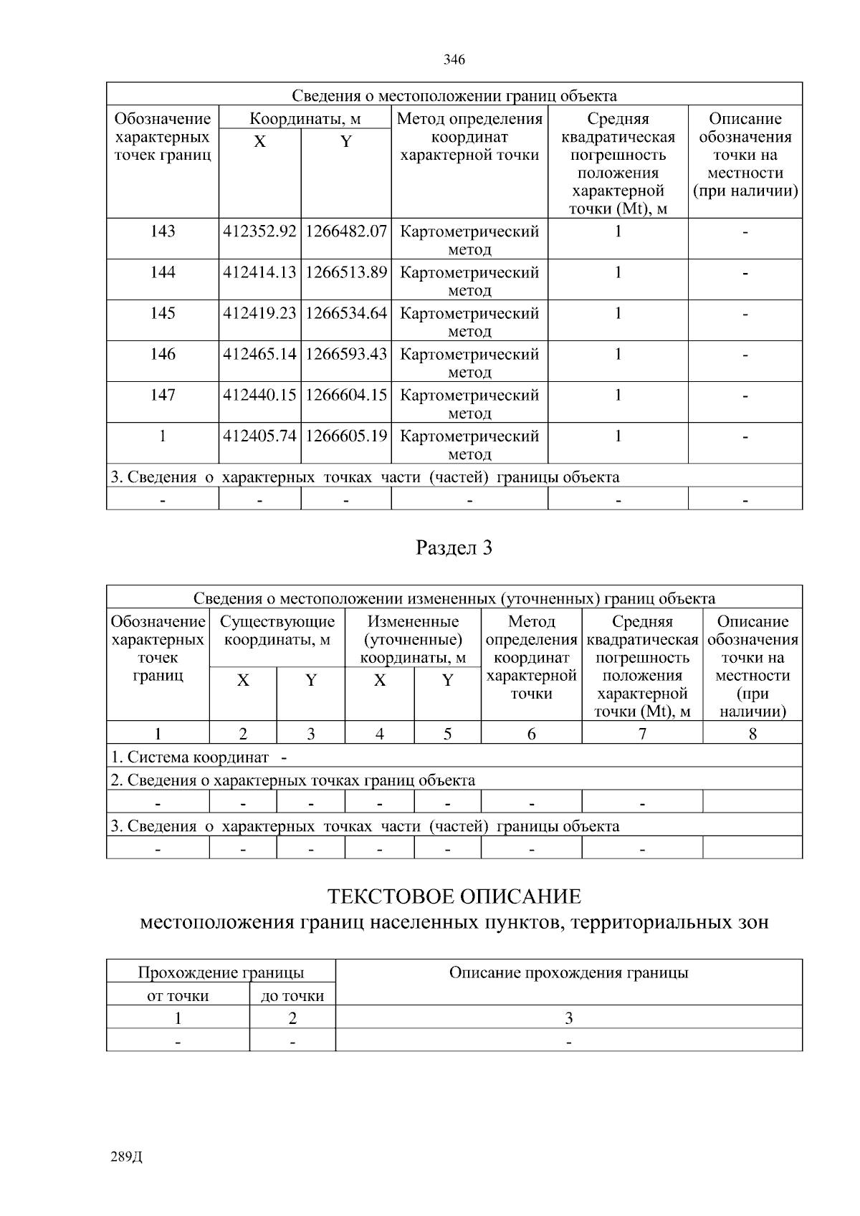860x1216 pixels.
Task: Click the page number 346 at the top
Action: pos(454,59)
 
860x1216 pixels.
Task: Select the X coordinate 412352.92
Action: pos(259,231)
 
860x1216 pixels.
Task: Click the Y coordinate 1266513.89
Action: pos(346,272)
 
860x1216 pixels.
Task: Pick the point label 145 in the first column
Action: pos(163,313)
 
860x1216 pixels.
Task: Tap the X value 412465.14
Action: pos(259,354)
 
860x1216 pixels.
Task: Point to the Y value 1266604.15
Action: pos(346,395)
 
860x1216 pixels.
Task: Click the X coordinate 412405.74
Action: pos(259,436)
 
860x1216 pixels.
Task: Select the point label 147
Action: pos(163,395)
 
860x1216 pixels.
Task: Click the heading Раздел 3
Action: pos(454,548)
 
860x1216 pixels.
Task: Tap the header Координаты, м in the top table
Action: pos(305,119)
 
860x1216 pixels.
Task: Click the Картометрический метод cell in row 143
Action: pos(469,240)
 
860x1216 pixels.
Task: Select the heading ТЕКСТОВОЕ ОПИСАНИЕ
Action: pos(454,896)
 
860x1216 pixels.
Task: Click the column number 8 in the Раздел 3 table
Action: pos(752,734)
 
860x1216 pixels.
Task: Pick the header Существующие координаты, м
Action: pos(277,631)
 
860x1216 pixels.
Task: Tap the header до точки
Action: pos(292,995)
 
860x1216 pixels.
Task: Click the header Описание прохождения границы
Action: pos(568,972)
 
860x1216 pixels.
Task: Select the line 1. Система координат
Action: pos(190,757)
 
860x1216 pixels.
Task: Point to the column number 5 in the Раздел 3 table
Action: pos(447,734)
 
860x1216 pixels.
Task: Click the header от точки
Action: pos(178,995)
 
